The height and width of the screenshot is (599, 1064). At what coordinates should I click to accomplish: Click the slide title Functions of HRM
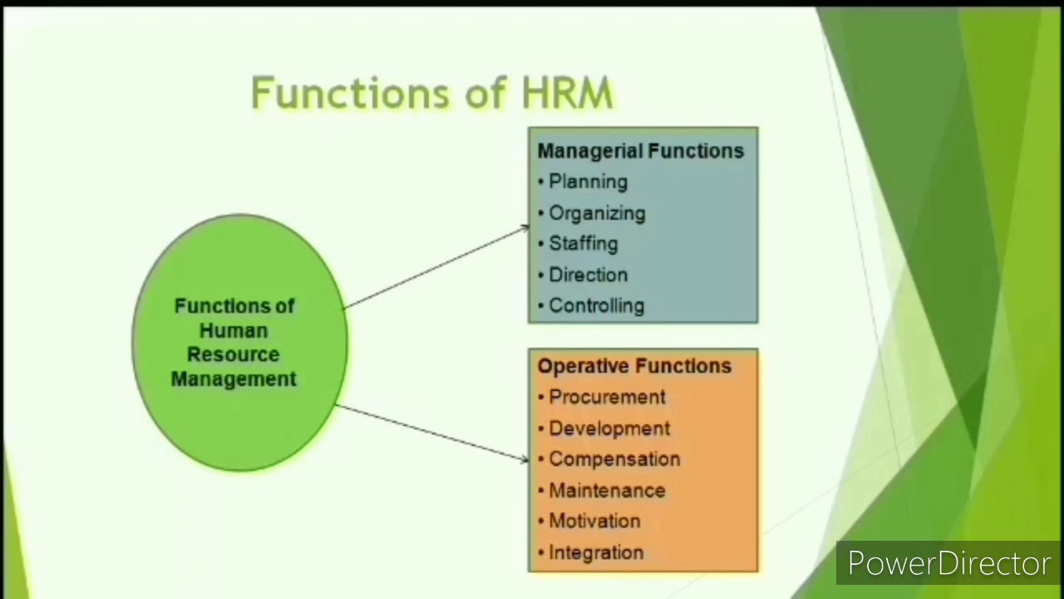pyautogui.click(x=431, y=92)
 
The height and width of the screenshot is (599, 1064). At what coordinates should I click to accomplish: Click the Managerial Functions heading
pyautogui.click(x=640, y=151)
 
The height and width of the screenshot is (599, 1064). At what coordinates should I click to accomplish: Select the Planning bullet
pyautogui.click(x=588, y=182)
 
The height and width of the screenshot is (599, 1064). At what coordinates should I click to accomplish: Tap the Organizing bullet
pyautogui.click(x=597, y=213)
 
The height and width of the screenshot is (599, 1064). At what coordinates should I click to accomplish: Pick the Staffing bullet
pyautogui.click(x=583, y=244)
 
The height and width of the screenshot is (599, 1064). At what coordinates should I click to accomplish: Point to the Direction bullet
pyautogui.click(x=588, y=275)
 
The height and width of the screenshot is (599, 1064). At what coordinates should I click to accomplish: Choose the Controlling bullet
pyautogui.click(x=596, y=305)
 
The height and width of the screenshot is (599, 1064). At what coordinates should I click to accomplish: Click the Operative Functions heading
pyautogui.click(x=634, y=366)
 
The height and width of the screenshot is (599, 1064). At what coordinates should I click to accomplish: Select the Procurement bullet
pyautogui.click(x=607, y=397)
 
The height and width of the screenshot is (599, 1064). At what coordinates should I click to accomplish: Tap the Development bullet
pyautogui.click(x=609, y=428)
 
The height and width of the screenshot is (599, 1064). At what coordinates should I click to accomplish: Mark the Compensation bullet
pyautogui.click(x=614, y=459)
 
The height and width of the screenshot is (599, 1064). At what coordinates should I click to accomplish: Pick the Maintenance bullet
pyautogui.click(x=607, y=491)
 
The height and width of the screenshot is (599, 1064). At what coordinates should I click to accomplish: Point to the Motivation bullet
pyautogui.click(x=594, y=522)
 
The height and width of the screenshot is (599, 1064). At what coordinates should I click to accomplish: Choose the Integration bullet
pyautogui.click(x=596, y=552)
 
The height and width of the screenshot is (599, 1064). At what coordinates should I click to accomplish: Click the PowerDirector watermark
pyautogui.click(x=949, y=564)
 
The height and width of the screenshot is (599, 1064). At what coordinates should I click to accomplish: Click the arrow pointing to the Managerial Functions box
pyautogui.click(x=436, y=266)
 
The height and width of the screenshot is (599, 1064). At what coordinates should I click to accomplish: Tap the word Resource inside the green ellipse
pyautogui.click(x=234, y=354)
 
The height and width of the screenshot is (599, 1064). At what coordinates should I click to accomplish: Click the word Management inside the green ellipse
pyautogui.click(x=234, y=379)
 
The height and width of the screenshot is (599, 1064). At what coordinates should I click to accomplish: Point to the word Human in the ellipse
pyautogui.click(x=234, y=330)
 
